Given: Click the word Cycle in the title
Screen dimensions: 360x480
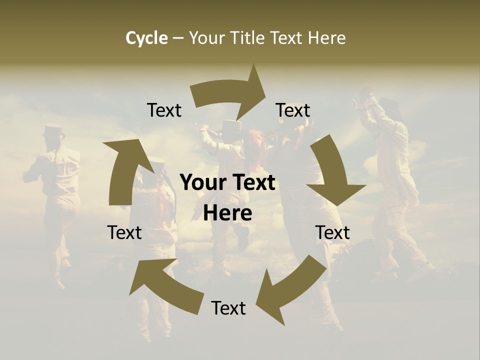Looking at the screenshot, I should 146,38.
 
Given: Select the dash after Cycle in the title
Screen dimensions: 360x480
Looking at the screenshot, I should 178,38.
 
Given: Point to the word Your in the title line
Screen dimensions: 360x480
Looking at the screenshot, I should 206,38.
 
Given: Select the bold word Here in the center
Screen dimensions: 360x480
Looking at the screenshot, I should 227,213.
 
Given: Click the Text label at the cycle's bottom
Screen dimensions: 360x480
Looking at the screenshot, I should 228,308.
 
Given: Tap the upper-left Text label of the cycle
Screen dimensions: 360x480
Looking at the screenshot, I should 164,110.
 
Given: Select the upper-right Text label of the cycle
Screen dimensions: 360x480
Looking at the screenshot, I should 293,110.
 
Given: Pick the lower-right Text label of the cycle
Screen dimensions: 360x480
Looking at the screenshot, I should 332,232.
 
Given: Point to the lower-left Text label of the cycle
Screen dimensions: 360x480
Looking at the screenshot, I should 124,232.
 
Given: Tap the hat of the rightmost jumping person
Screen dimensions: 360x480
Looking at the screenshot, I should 389,104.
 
